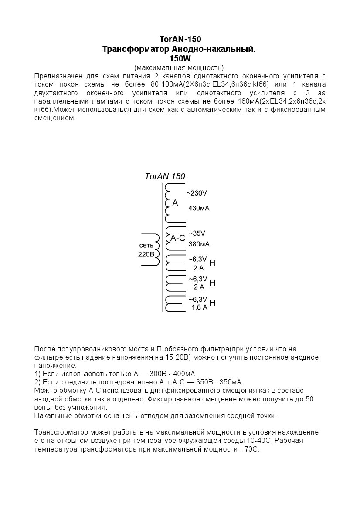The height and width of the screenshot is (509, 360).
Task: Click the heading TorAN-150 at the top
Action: (180, 40)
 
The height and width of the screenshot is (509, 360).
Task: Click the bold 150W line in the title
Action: (180, 58)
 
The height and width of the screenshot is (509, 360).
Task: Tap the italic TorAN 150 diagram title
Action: (165, 176)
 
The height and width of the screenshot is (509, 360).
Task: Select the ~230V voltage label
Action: (197, 193)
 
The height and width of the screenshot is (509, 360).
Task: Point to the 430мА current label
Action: (199, 208)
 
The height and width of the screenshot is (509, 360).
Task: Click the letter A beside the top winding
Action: (175, 203)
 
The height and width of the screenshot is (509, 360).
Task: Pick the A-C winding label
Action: (177, 238)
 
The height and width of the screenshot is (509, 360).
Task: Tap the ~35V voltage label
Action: (197, 233)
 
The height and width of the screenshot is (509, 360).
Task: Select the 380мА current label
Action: (199, 244)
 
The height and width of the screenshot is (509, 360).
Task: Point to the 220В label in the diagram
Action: (146, 254)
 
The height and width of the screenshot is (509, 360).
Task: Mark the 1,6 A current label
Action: (199, 307)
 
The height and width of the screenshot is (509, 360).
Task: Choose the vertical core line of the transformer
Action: (162, 248)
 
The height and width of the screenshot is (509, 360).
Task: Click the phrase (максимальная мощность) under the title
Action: (179, 67)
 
